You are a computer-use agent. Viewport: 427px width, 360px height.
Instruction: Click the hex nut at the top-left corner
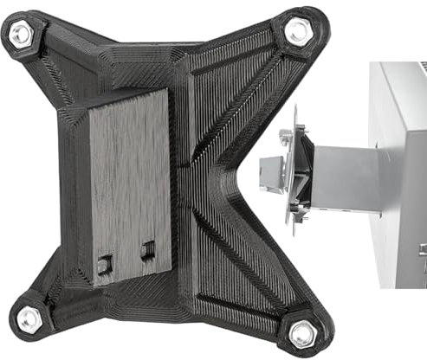click(x=21, y=35)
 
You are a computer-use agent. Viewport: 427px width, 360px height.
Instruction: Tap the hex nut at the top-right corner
click(x=297, y=33)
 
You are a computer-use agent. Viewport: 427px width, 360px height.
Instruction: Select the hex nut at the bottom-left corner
click(x=29, y=319)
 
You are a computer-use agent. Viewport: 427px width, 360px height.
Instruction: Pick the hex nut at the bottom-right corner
click(x=303, y=331)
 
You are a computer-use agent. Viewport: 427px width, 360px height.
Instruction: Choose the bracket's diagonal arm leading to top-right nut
click(x=251, y=82)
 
